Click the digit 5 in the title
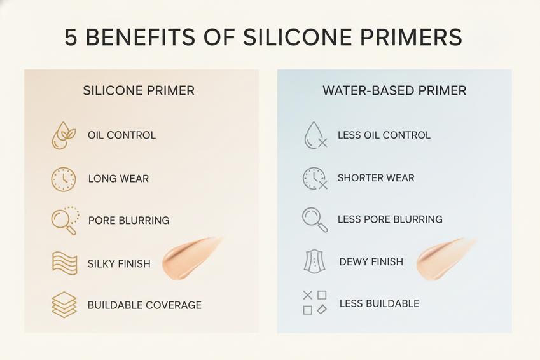pyautogui.click(x=71, y=37)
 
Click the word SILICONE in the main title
pyautogui.click(x=297, y=37)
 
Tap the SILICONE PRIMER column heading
pyautogui.click(x=139, y=90)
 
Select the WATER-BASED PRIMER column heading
pyautogui.click(x=394, y=90)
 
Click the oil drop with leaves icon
pyautogui.click(x=64, y=135)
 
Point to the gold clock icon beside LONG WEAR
pyautogui.click(x=64, y=179)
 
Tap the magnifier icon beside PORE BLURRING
pyautogui.click(x=65, y=221)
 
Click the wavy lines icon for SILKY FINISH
pyautogui.click(x=64, y=263)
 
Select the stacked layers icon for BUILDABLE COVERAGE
pyautogui.click(x=64, y=305)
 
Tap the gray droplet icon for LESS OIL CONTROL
pyautogui.click(x=315, y=135)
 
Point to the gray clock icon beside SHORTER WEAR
pyautogui.click(x=314, y=179)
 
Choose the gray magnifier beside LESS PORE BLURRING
pyautogui.click(x=315, y=220)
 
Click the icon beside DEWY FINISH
pyautogui.click(x=314, y=262)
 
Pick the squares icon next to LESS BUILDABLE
pyautogui.click(x=315, y=303)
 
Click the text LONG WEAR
pyautogui.click(x=118, y=179)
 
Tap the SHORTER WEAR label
pyautogui.click(x=376, y=177)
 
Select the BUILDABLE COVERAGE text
pyautogui.click(x=144, y=305)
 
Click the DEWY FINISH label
pyautogui.click(x=371, y=262)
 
